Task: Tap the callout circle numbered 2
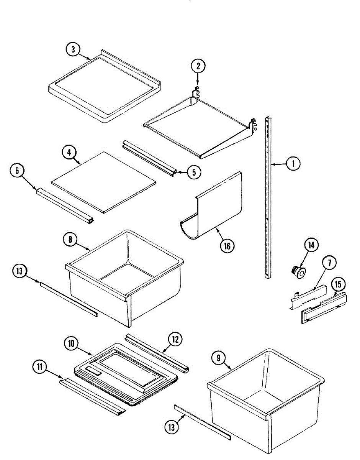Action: point(198,66)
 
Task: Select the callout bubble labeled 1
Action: point(293,164)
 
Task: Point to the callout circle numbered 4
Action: point(69,152)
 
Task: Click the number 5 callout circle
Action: point(194,172)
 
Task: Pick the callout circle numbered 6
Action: point(17,171)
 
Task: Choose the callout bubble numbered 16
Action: point(227,245)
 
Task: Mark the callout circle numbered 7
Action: point(329,263)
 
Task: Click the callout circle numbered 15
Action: point(338,284)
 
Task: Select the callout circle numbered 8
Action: point(70,239)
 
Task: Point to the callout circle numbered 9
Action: point(218,358)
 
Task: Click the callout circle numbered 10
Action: point(72,344)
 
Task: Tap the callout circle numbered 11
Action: point(39,367)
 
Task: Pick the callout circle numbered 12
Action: point(175,339)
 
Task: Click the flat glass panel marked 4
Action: point(103,181)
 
